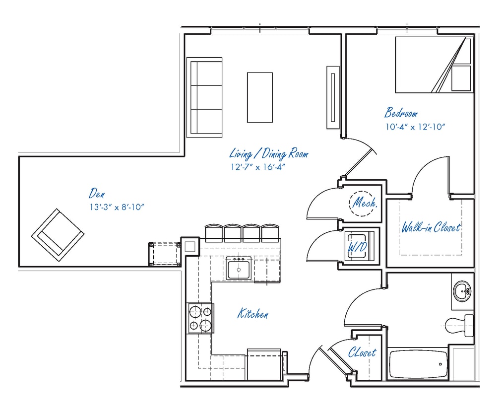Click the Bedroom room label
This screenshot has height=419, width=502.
401,113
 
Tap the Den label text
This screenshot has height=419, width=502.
97,193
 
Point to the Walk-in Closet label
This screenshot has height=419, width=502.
431,228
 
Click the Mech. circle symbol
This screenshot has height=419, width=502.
364,203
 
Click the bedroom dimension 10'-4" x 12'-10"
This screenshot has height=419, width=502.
415,127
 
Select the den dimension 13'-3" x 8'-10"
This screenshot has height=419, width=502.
117,207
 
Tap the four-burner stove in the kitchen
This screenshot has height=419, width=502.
200,318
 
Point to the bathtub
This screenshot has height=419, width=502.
418,364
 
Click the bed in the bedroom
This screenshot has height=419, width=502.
433,65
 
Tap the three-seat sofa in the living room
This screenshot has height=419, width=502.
204,97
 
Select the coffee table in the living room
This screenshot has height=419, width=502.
260,97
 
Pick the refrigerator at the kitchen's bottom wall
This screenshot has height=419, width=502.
265,365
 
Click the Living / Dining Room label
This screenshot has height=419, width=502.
268,153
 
